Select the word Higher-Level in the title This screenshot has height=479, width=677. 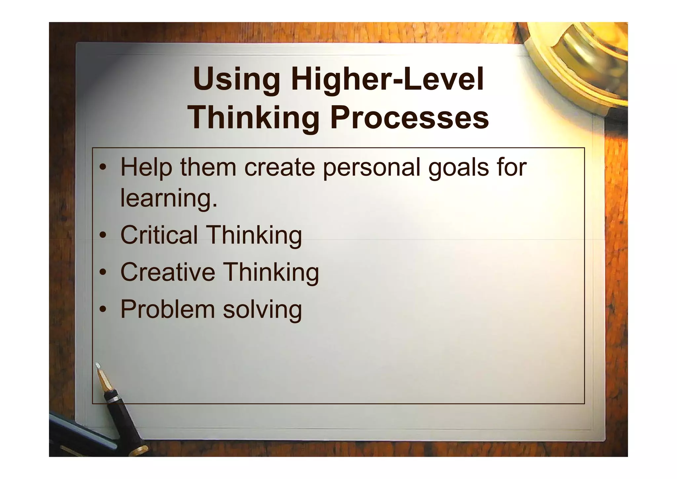(x=387, y=79)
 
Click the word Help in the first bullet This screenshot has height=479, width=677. (x=146, y=167)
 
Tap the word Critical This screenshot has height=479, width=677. (x=159, y=235)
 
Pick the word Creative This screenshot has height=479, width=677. (x=168, y=272)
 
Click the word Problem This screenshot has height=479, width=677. (x=168, y=309)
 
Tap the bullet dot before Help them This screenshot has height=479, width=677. (x=103, y=168)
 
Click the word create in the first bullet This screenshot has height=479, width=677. (x=279, y=168)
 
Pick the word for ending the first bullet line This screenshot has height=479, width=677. (x=512, y=167)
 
